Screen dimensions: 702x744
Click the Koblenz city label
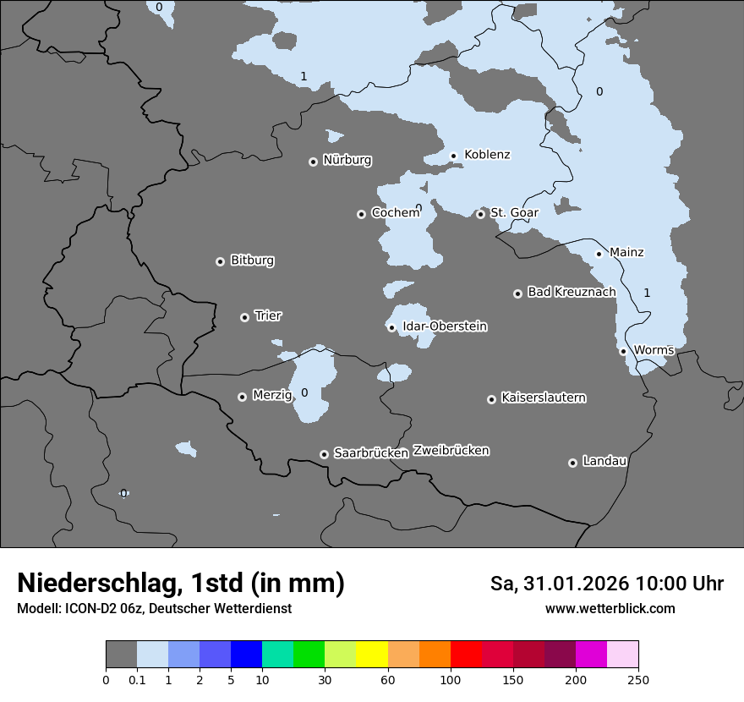(x=487, y=155)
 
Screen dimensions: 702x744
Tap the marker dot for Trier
(x=244, y=317)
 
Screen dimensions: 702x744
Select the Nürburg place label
(x=347, y=160)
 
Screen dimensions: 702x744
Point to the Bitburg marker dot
(x=220, y=261)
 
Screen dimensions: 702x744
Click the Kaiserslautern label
(x=543, y=398)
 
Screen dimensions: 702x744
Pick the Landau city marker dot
(x=572, y=463)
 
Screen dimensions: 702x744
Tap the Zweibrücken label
(x=451, y=451)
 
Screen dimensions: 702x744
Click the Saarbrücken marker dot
(x=324, y=454)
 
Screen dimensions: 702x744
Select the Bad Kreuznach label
(x=572, y=292)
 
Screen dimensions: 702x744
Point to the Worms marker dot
(x=623, y=351)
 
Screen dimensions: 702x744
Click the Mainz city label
(x=626, y=252)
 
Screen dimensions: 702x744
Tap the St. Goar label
(x=514, y=212)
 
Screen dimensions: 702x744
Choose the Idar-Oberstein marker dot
(x=391, y=327)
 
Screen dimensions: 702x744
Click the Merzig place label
(x=272, y=395)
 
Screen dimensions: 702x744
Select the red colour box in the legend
(x=466, y=655)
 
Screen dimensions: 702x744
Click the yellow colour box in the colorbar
(x=372, y=655)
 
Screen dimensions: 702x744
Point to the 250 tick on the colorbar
(x=637, y=678)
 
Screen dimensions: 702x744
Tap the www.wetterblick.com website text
(x=610, y=609)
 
